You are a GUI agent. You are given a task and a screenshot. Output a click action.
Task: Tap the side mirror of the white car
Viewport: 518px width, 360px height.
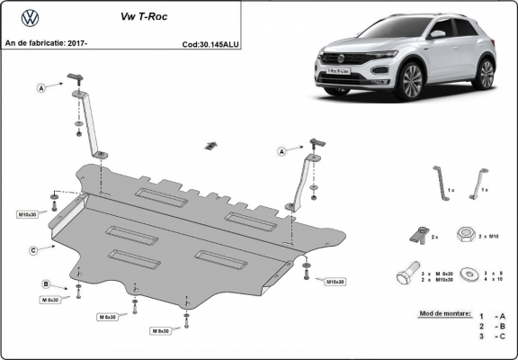[437, 33]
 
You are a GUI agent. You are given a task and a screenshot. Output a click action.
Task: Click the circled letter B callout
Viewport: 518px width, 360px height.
[45, 284]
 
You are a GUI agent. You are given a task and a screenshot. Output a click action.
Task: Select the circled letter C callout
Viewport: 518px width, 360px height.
[32, 249]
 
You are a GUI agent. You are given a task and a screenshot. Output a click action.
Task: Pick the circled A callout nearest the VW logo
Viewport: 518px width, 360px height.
[41, 87]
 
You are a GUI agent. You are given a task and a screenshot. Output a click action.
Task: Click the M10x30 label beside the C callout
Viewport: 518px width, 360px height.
[29, 214]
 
